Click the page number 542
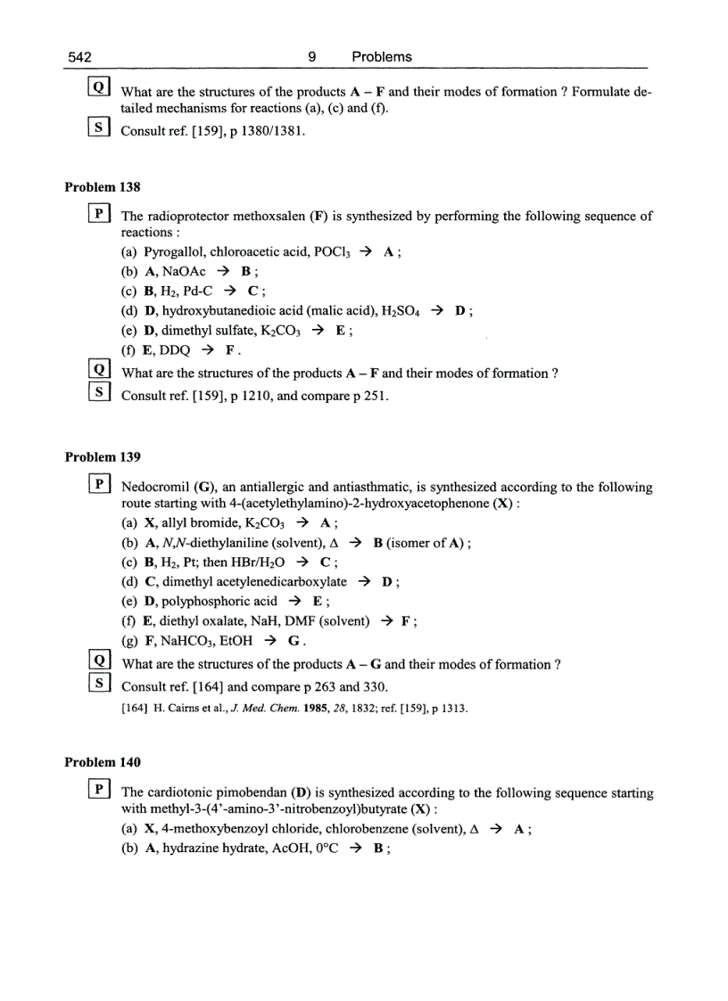80,57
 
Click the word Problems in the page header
382,57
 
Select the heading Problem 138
103,187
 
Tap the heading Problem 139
103,457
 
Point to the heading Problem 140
103,763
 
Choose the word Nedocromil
154,488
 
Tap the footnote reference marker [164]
134,709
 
